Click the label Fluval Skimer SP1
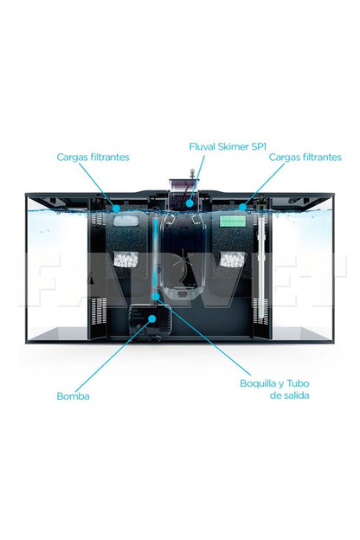click(228, 147)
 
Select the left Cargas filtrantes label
click(93, 157)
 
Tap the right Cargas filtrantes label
click(305, 157)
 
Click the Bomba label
click(73, 396)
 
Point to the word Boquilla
click(258, 383)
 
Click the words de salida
click(289, 395)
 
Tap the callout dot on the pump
click(152, 318)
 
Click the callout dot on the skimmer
click(190, 203)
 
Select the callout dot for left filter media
click(117, 209)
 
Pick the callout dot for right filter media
click(243, 207)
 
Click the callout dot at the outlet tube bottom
click(156, 296)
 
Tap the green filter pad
click(234, 221)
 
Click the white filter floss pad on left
click(126, 221)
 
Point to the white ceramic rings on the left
click(125, 260)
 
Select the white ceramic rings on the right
click(233, 260)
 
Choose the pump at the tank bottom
click(150, 322)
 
